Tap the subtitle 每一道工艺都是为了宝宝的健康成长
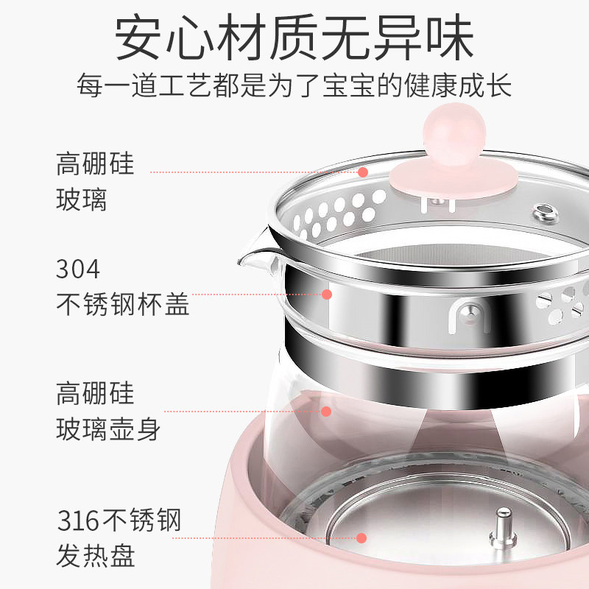294,85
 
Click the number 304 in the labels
78,269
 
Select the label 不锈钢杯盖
122,304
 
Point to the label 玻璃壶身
108,429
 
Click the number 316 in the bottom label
78,521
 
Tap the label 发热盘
96,555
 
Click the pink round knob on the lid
454,134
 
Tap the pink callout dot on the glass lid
362,172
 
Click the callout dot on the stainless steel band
327,294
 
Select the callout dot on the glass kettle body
326,412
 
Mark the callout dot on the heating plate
361,538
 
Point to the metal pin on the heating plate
504,529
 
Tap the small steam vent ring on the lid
546,214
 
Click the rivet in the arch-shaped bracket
470,314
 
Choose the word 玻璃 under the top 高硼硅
82,199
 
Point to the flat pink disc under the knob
454,179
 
